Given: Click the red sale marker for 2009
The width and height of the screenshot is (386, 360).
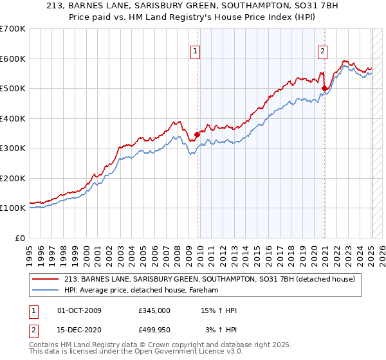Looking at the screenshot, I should pos(197,135).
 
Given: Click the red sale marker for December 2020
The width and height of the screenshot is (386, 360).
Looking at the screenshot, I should pos(325,89).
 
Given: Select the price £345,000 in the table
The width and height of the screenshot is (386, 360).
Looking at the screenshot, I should pos(154,310).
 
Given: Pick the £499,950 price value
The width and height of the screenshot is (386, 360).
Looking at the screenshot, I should pos(154,332).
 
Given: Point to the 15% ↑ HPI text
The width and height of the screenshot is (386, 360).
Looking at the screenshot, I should pos(219,310).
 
